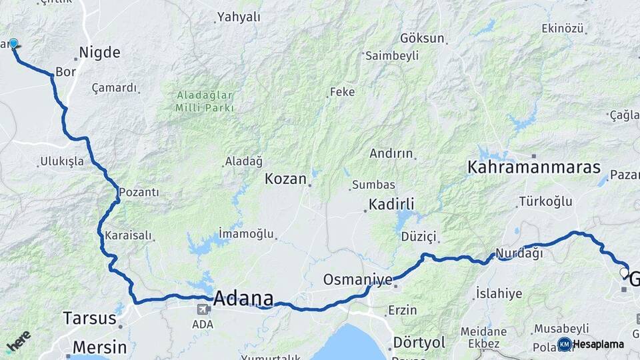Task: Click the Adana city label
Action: pyautogui.click(x=243, y=299)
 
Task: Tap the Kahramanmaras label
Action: pyautogui.click(x=534, y=167)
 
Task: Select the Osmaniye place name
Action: pyautogui.click(x=357, y=279)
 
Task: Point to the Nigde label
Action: pyautogui.click(x=99, y=53)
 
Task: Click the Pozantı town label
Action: pyautogui.click(x=139, y=193)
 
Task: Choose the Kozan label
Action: pyautogui.click(x=285, y=179)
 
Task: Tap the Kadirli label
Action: pyautogui.click(x=392, y=204)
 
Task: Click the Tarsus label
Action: pyautogui.click(x=89, y=317)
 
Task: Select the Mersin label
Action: pyautogui.click(x=99, y=347)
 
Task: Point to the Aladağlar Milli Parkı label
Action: pyautogui.click(x=205, y=101)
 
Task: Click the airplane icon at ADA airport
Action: pyautogui.click(x=202, y=309)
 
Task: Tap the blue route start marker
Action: pyautogui.click(x=13, y=44)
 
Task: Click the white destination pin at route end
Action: pyautogui.click(x=624, y=273)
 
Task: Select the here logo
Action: pyautogui.click(x=18, y=342)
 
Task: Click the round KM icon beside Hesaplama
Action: pyautogui.click(x=564, y=344)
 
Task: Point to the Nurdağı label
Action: pyautogui.click(x=518, y=254)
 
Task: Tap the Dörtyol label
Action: pyautogui.click(x=419, y=342)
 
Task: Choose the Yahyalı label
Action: pyautogui.click(x=238, y=17)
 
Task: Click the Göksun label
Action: pyautogui.click(x=422, y=38)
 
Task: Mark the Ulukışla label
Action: pyautogui.click(x=62, y=161)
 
